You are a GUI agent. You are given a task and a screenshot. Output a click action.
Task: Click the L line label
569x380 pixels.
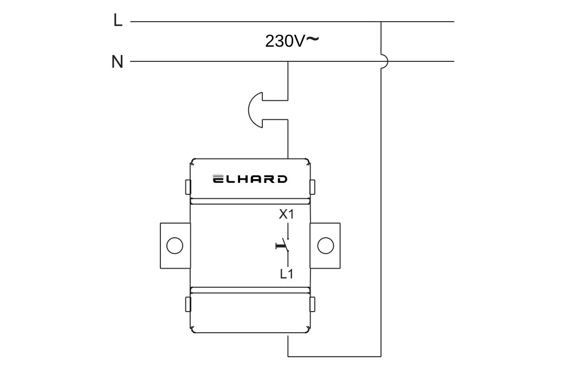(x=118, y=21)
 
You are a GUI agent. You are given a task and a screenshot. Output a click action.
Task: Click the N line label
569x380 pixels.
(x=117, y=62)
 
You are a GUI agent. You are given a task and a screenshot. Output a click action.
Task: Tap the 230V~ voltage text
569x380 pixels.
(x=292, y=41)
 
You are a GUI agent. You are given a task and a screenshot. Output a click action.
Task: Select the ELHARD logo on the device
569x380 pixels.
(x=250, y=179)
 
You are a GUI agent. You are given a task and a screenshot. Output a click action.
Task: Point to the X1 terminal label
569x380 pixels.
(x=286, y=214)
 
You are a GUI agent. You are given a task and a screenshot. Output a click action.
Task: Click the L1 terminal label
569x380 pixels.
(x=287, y=274)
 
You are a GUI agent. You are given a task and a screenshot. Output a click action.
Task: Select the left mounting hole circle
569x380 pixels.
(x=174, y=246)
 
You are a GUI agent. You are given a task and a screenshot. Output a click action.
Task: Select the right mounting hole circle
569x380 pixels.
(x=326, y=246)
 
